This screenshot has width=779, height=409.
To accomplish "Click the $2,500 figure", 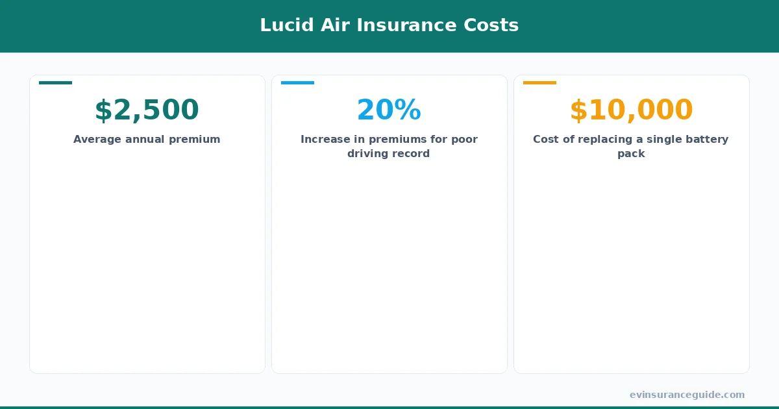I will click(147, 110).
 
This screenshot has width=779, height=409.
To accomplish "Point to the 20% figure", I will click(389, 110).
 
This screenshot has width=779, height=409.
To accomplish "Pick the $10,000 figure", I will click(631, 110).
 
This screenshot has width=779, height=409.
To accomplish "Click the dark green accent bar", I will click(55, 82).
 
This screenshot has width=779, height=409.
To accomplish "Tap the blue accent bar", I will click(297, 82).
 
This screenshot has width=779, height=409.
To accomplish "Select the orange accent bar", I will click(539, 82).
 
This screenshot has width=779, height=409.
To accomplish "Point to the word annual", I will click(147, 139).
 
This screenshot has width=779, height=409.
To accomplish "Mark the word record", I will click(412, 154).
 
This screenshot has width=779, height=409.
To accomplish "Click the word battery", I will click(708, 139).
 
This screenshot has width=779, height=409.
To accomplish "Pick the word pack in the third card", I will click(631, 154).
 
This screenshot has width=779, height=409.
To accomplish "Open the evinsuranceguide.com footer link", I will click(687, 395).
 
